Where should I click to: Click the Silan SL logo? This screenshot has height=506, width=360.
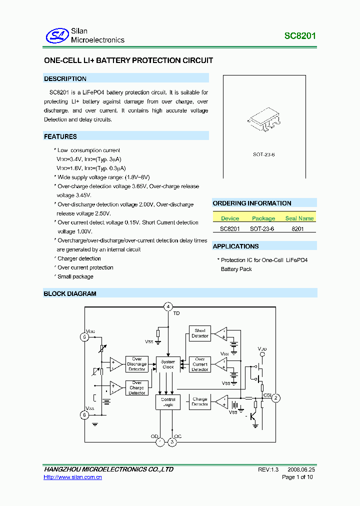pyautogui.click(x=56, y=35)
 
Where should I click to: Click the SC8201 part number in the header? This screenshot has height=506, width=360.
pyautogui.click(x=300, y=36)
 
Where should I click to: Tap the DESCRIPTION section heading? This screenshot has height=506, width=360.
pyautogui.click(x=65, y=78)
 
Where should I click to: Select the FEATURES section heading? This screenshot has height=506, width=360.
pyautogui.click(x=60, y=136)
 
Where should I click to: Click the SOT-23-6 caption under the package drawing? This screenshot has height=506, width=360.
pyautogui.click(x=263, y=154)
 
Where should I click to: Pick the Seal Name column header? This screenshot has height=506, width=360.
pyautogui.click(x=299, y=218)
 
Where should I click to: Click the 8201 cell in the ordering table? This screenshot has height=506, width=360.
pyautogui.click(x=297, y=228)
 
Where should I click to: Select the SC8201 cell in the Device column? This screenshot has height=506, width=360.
pyautogui.click(x=230, y=228)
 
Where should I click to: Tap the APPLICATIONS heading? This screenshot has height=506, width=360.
pyautogui.click(x=236, y=246)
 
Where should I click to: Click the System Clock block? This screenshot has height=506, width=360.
pyautogui.click(x=168, y=364)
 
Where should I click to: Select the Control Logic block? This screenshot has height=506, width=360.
pyautogui.click(x=168, y=402)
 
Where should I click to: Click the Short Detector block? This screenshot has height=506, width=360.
pyautogui.click(x=200, y=333)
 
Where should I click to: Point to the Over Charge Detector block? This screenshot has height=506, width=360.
pyautogui.click(x=137, y=388)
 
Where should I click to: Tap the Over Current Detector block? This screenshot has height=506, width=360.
pyautogui.click(x=200, y=364)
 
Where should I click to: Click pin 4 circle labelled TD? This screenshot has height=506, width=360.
pyautogui.click(x=168, y=306)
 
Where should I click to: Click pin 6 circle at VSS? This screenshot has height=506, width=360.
pyautogui.click(x=84, y=414)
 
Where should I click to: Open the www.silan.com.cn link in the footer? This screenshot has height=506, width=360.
pyautogui.click(x=73, y=477)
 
